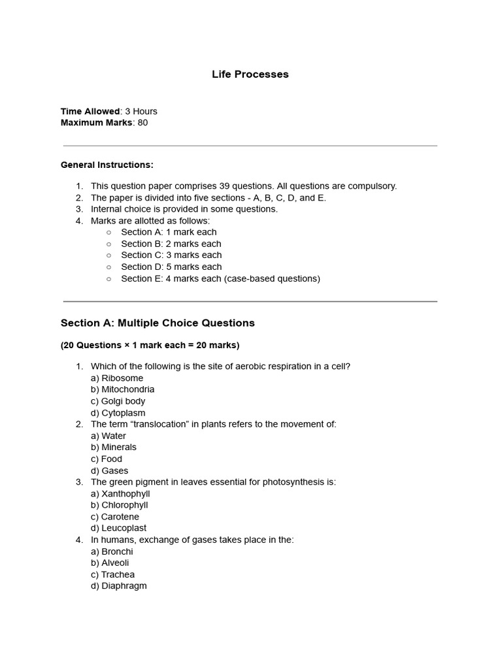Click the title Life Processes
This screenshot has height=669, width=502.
250,74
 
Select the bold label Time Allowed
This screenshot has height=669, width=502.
90,111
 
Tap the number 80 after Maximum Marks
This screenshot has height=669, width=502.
142,123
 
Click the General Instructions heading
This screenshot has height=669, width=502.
107,165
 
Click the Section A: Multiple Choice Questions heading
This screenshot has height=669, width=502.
158,323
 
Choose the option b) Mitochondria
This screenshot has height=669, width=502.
123,389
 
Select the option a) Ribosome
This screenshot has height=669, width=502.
117,378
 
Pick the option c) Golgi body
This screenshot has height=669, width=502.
118,401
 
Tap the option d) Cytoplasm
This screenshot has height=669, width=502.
118,413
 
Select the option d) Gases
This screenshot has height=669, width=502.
110,470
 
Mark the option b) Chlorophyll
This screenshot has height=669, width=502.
120,505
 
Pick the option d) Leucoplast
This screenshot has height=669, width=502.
119,528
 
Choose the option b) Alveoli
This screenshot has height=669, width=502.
110,563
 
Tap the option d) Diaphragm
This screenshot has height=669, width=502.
119,586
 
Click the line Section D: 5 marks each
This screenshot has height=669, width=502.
171,267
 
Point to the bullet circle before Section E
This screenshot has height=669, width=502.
109,278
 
